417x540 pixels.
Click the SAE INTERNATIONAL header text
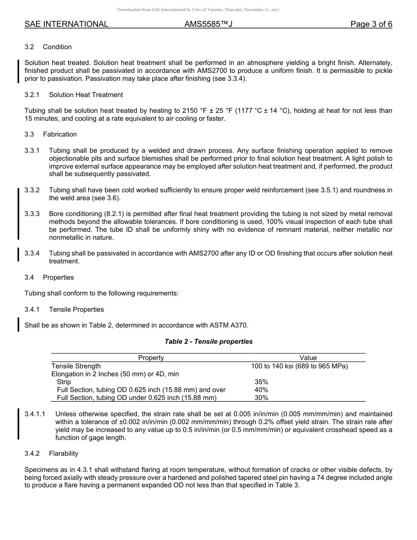coord(66,24)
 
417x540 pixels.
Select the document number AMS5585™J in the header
coord(208,24)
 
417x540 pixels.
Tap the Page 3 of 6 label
coord(371,24)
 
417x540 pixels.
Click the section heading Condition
coord(57,47)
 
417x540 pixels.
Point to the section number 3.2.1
coord(32,95)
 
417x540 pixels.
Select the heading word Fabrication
coord(60,134)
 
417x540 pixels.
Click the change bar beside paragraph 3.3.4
coord(18,255)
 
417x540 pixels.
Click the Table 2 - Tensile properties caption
coord(208,342)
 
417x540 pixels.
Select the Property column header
coord(151,358)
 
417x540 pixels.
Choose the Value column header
coord(308,358)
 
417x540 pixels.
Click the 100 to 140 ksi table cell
coord(299,366)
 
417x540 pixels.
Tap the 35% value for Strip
coord(261,382)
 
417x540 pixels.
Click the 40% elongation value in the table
coord(261,390)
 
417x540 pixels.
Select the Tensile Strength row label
coord(76,366)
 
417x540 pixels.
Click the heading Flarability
coord(64,454)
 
